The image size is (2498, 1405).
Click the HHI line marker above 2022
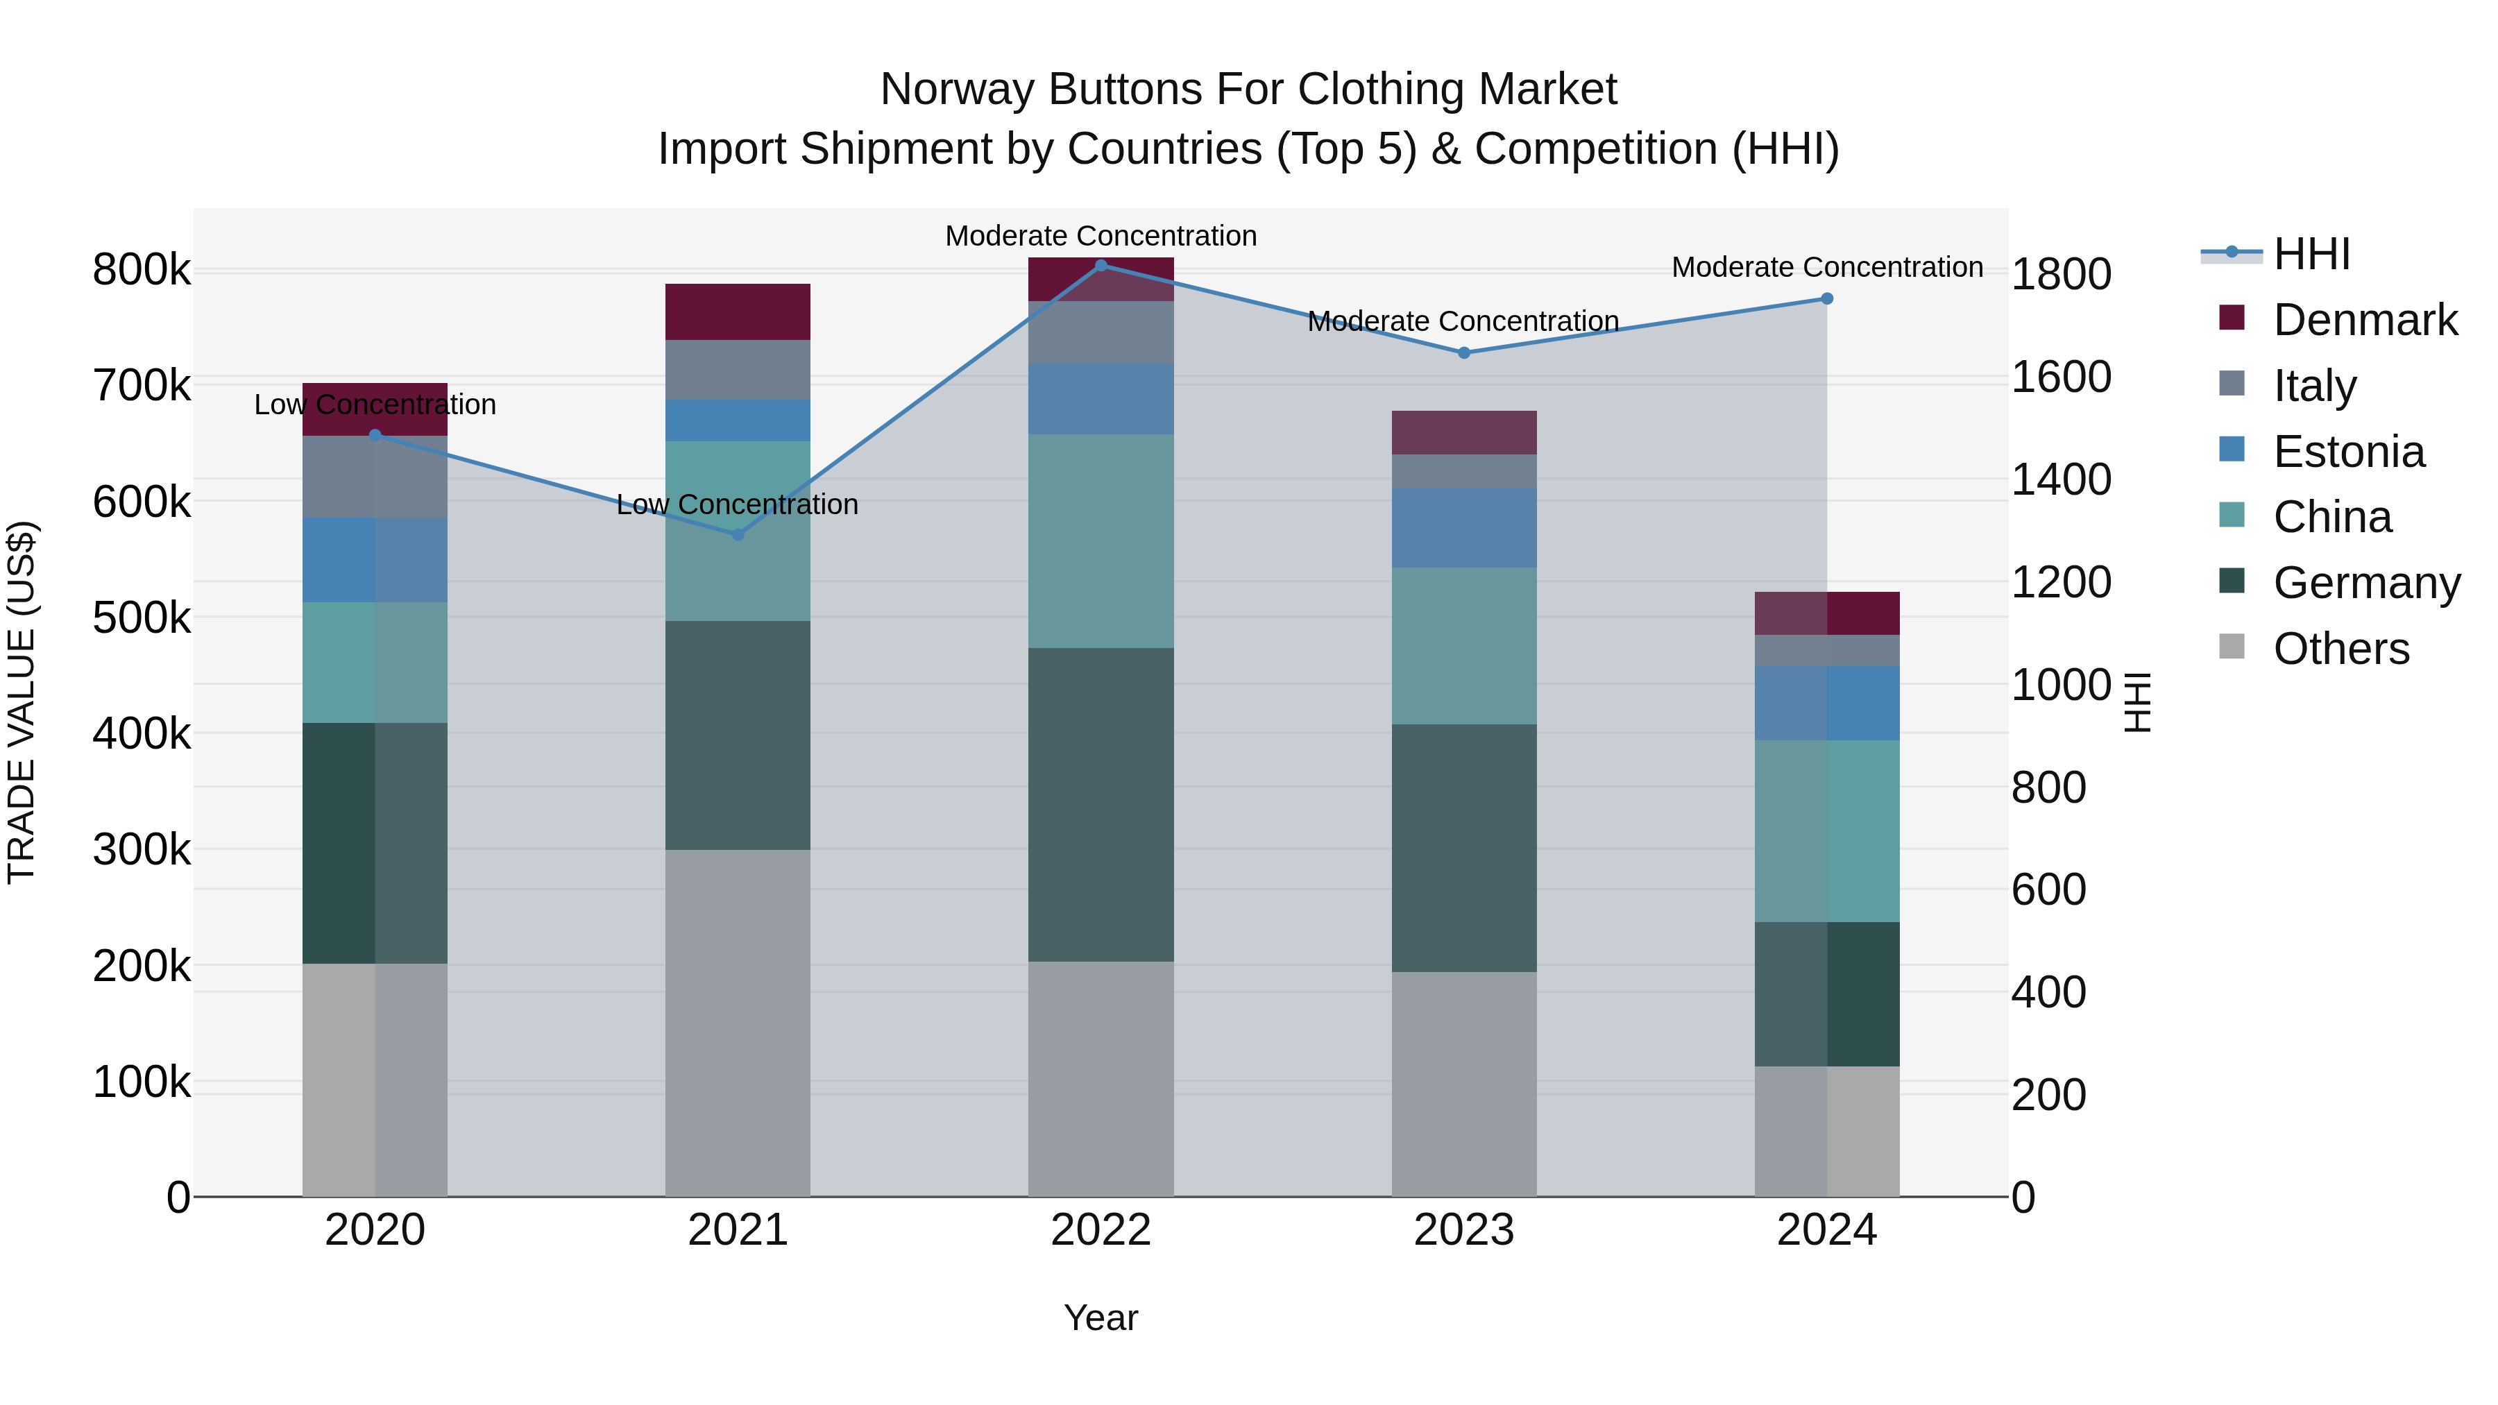[x=1101, y=266]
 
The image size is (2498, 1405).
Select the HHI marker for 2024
[x=1827, y=298]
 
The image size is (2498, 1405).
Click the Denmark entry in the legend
[x=2364, y=320]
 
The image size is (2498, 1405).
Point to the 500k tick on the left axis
[x=142, y=618]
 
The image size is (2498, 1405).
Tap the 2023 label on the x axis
[x=1463, y=1230]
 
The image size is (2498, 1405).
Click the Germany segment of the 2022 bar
[x=1101, y=804]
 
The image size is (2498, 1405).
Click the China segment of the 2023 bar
[x=1463, y=646]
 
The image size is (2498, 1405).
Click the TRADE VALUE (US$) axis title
[x=22, y=702]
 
